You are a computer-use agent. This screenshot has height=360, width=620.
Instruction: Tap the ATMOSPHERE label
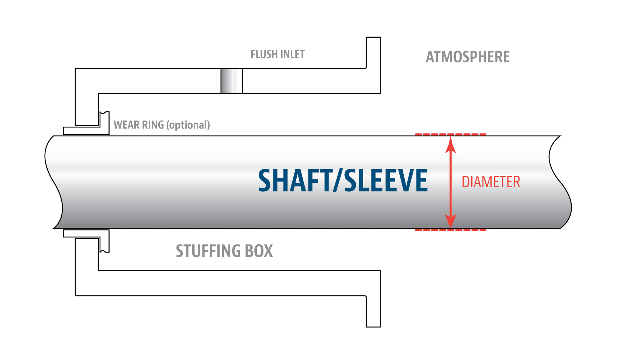pyautogui.click(x=468, y=57)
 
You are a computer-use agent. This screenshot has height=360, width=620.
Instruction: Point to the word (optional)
pyautogui.click(x=188, y=125)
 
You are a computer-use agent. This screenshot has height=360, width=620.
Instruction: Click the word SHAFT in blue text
pyautogui.click(x=295, y=180)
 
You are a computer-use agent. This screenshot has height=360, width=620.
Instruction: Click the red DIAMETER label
pyautogui.click(x=491, y=182)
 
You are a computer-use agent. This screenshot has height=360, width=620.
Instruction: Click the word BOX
pyautogui.click(x=259, y=251)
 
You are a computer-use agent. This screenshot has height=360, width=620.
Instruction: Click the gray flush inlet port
pyautogui.click(x=232, y=81)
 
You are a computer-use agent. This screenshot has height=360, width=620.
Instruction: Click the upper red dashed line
pyautogui.click(x=451, y=134)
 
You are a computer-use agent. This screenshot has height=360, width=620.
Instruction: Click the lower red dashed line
pyautogui.click(x=451, y=230)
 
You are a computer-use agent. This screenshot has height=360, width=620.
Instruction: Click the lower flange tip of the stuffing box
pyautogui.click(x=373, y=326)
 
